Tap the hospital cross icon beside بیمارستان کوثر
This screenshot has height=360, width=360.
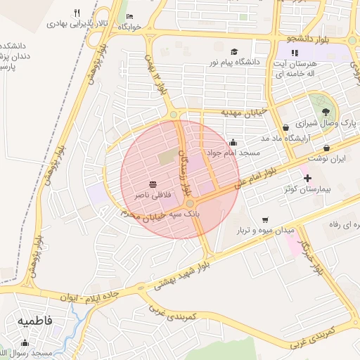pos(307,179)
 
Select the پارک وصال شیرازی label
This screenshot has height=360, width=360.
pos(324,123)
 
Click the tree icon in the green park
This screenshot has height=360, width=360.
pos(325,111)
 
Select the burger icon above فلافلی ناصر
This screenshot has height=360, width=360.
pos(153,184)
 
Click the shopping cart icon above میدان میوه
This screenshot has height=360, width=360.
pos(265,219)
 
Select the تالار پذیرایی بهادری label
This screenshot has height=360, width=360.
pos(75,22)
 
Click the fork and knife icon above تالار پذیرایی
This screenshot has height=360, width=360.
pos(77,13)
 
